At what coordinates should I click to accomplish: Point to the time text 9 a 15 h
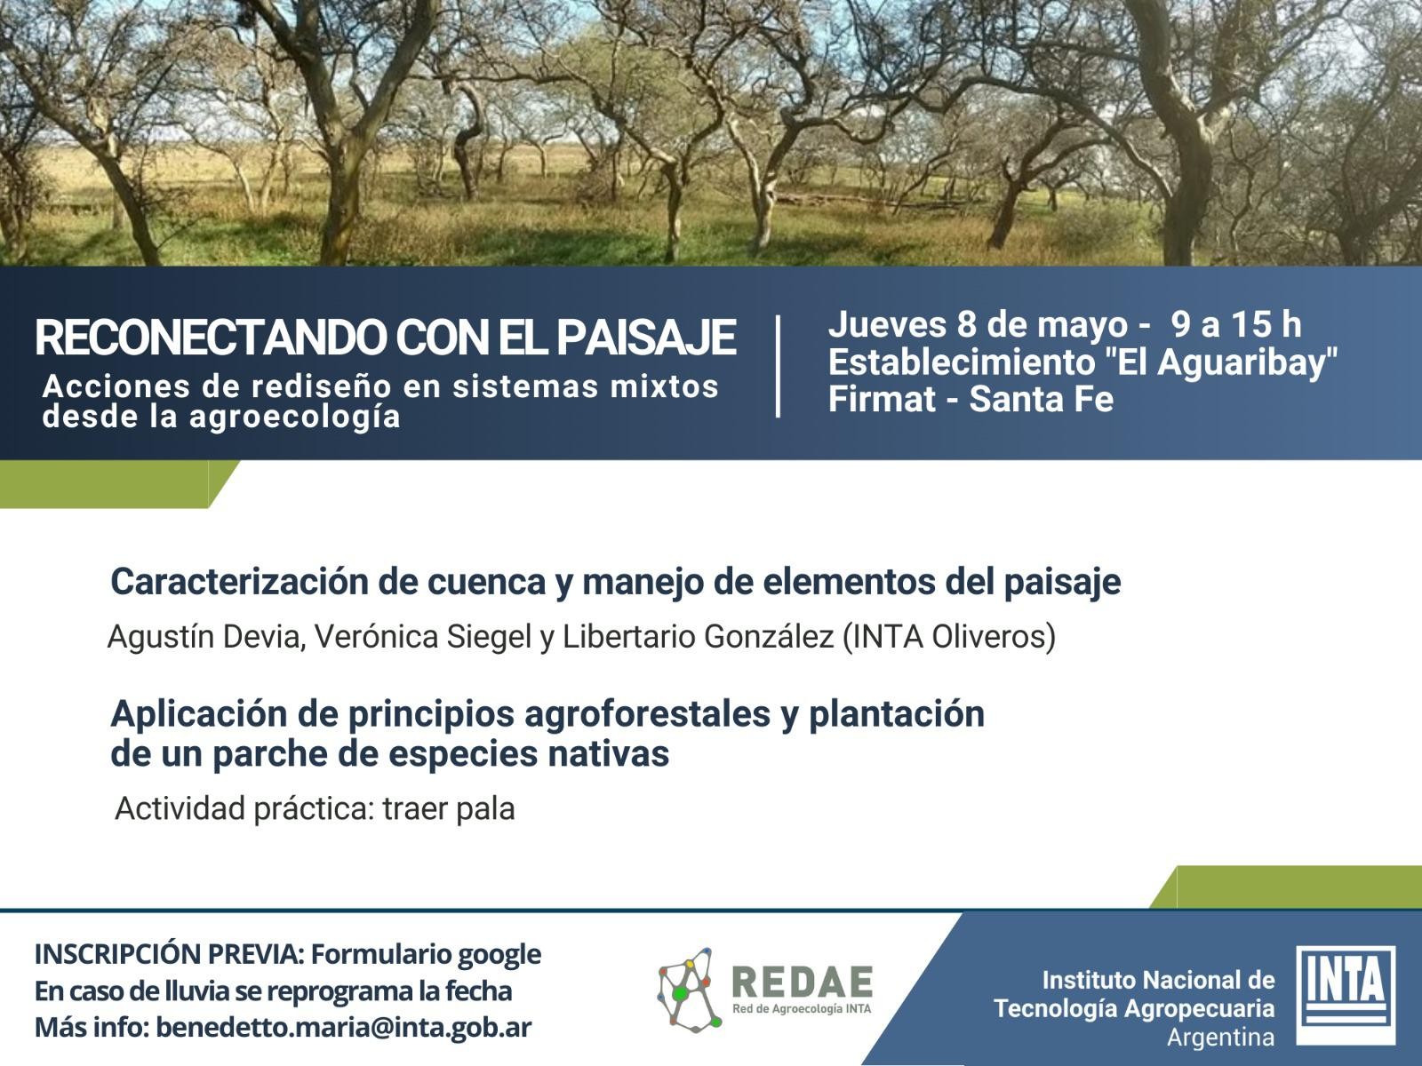coord(1236,325)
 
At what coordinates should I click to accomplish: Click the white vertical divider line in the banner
coord(778,366)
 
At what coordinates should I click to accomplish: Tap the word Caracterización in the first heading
coord(240,581)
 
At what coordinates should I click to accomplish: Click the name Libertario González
coord(698,637)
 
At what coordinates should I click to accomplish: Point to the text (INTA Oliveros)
coord(949,637)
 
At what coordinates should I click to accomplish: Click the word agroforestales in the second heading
coord(647,714)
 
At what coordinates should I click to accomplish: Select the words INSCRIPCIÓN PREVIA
coord(169,954)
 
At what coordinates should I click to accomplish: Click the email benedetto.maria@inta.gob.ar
coord(344,1028)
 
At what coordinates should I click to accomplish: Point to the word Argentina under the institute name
coord(1220,1038)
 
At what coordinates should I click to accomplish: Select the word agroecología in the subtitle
coord(295,418)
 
